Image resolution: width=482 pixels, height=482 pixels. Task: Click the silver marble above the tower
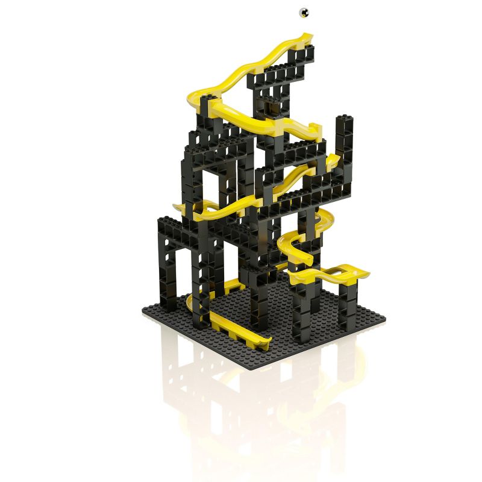[x=304, y=11]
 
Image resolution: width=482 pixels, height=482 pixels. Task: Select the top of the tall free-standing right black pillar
[x=345, y=119]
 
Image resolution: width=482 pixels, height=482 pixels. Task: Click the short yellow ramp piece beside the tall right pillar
[x=331, y=161]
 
